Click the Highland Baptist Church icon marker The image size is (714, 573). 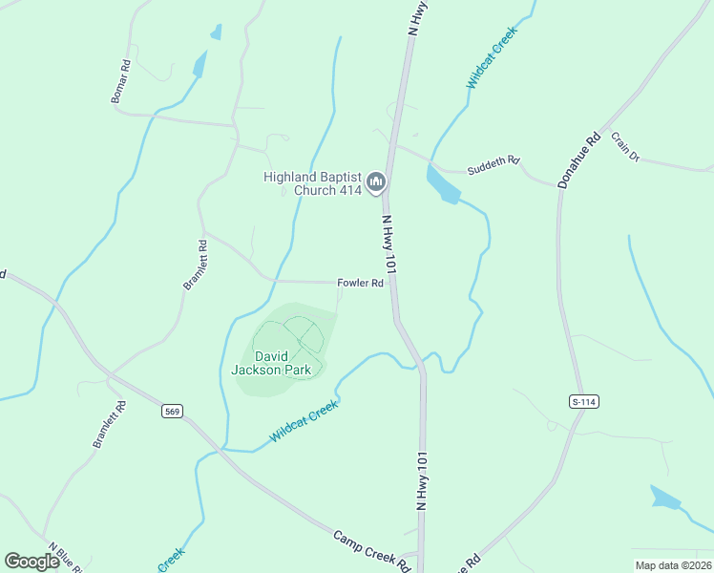point(376,180)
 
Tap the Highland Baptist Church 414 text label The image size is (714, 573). point(313,183)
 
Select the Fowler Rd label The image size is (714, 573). point(360,284)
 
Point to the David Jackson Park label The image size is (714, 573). point(271,362)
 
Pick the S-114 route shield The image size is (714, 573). point(583,402)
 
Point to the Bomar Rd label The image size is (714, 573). point(120,82)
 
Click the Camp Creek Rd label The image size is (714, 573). point(372,550)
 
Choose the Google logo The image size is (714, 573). point(32,562)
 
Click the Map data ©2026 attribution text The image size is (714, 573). point(673,564)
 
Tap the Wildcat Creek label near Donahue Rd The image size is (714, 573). point(492,59)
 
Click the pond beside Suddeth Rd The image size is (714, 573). point(442,184)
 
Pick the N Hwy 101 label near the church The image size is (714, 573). point(389,245)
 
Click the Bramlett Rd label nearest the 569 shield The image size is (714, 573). point(110,424)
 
